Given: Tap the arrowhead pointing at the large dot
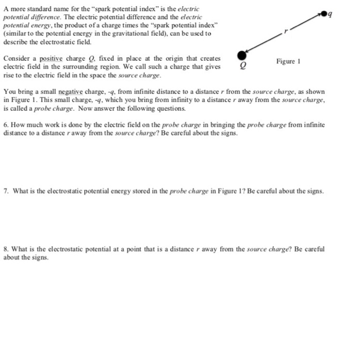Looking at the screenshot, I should pos(249,51).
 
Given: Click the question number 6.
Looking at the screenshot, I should pos(5,126).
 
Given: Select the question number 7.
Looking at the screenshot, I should pos(5,192).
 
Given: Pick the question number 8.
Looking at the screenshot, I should pos(5,249).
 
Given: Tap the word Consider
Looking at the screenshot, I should pos(17,60).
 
